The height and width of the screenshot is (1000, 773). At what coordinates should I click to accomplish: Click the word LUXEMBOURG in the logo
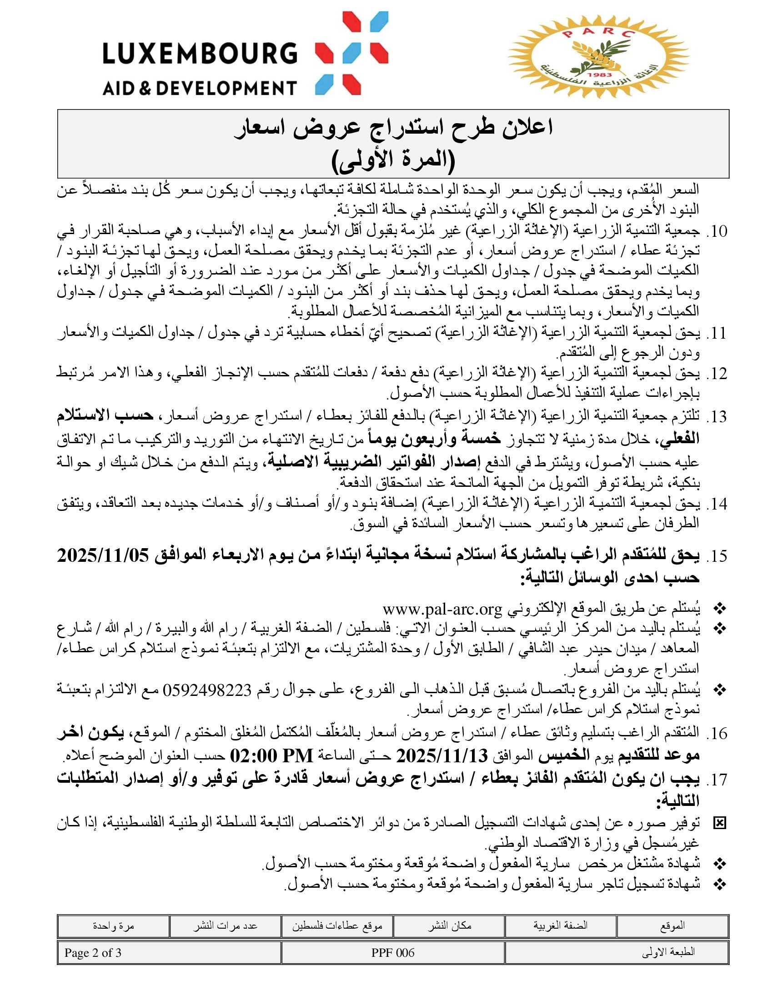(x=200, y=54)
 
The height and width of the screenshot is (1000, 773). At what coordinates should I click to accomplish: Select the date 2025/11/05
(x=104, y=556)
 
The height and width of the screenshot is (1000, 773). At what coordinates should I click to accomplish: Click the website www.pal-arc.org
(x=442, y=610)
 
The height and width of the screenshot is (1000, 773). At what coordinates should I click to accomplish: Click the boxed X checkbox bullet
(x=720, y=824)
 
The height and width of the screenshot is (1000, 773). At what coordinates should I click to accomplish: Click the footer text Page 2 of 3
(x=93, y=953)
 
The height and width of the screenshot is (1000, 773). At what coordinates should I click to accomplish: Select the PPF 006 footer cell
(x=393, y=953)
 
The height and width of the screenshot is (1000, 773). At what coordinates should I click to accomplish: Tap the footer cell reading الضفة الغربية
(x=561, y=925)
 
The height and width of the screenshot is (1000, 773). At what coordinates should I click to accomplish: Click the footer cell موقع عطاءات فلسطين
(x=337, y=926)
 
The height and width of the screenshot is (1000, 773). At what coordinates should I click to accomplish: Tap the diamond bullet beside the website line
(x=720, y=610)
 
